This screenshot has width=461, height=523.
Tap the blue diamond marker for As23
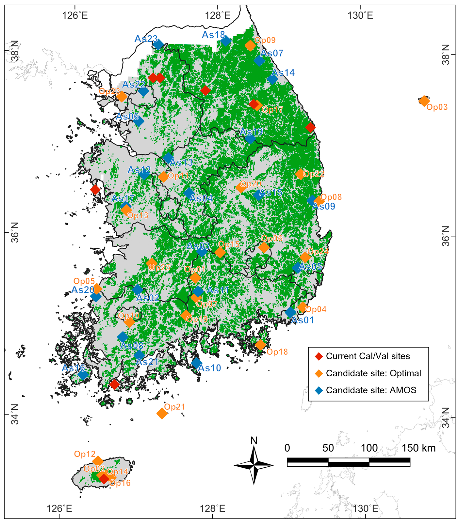click(x=158, y=44)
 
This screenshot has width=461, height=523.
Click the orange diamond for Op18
click(x=260, y=345)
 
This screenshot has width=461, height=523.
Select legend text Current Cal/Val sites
click(x=368, y=356)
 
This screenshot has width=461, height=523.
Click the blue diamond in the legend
click(x=319, y=390)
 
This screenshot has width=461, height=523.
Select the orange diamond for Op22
click(x=300, y=174)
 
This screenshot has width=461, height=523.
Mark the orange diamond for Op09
click(x=250, y=46)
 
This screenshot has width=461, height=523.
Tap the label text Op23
click(x=109, y=91)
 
